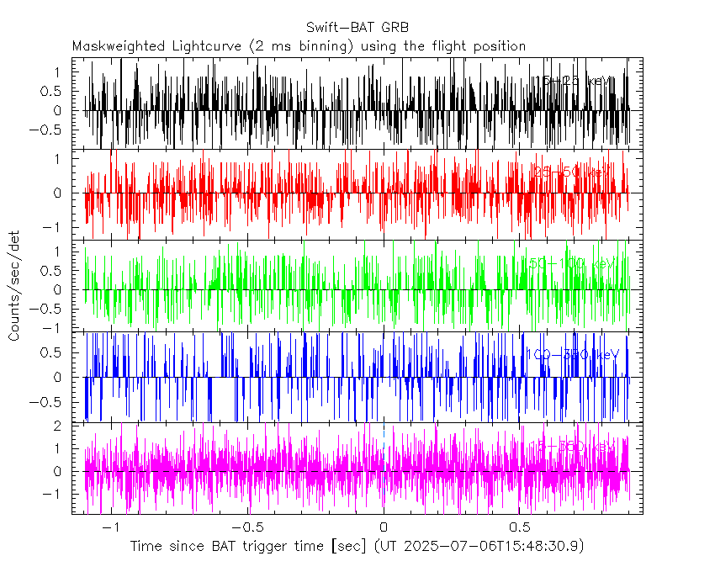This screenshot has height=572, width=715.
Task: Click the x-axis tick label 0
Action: click(384, 527)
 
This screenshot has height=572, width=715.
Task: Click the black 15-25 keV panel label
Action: click(575, 81)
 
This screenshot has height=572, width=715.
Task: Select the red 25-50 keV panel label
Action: click(572, 172)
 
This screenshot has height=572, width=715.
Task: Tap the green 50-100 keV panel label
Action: click(572, 264)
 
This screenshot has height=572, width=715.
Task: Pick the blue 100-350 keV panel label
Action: click(572, 354)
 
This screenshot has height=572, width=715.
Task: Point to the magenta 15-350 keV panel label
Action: click(572, 445)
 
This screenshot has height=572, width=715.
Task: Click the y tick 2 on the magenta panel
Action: click(56, 426)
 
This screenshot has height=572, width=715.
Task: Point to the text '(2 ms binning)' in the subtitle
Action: click(304, 45)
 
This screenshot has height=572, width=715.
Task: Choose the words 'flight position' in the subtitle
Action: click(484, 45)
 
